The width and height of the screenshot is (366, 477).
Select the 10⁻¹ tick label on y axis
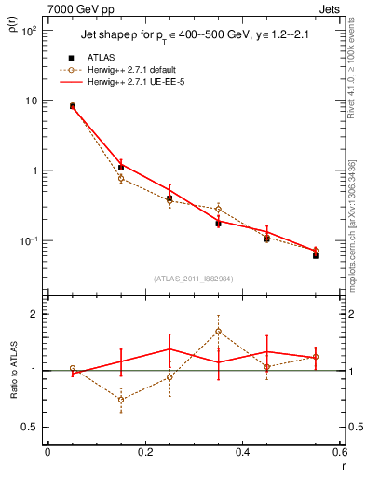pyautogui.click(x=28, y=241)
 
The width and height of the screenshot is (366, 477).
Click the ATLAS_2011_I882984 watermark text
pyautogui.click(x=193, y=278)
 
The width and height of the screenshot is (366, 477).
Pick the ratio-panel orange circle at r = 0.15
pyautogui.click(x=120, y=399)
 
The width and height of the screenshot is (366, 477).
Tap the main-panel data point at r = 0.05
pyautogui.click(x=72, y=106)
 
